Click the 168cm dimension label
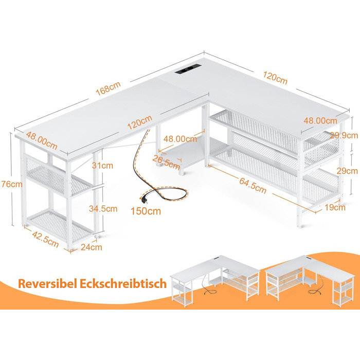pos(108,88)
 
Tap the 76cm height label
pos(12,184)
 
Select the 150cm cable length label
pos(146,211)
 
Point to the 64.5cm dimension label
pos(253,186)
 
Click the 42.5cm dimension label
pos(45,239)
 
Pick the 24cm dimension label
pos(92,247)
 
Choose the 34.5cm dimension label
pos(103,208)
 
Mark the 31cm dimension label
pos(102,165)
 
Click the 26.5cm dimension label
pos(166,162)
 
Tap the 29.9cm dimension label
pos(344,135)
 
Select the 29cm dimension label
pos(347,171)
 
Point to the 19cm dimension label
pos(335,207)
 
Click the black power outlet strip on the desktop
pos(188,69)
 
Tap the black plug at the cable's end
pos(144,200)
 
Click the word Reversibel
pos(47,284)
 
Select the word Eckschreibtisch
pos(123,283)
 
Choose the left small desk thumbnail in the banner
pos(215,281)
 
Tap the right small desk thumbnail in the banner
pos(310,281)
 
